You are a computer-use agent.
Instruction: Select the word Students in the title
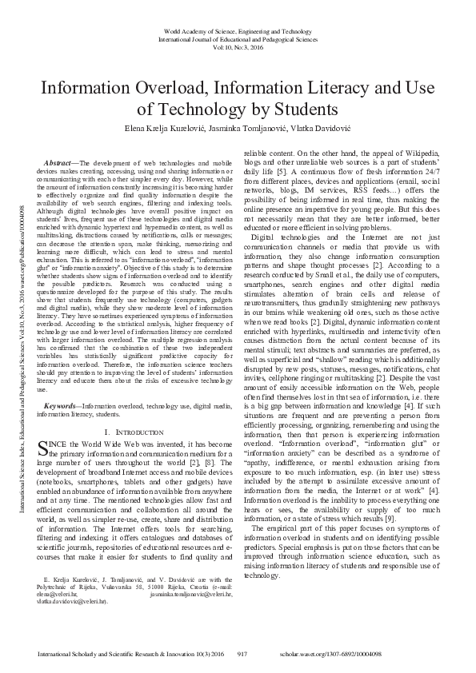[x=294, y=108]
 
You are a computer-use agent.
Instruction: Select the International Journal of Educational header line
[x=238, y=38]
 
